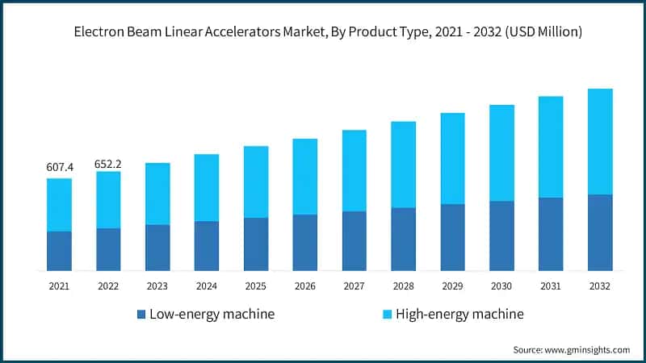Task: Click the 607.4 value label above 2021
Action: [x=60, y=167]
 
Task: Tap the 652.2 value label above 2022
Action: [x=108, y=161]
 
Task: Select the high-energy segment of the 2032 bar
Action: [x=600, y=141]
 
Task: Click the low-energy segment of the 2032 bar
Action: [x=600, y=232]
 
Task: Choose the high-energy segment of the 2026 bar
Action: [x=304, y=177]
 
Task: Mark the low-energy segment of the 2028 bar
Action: [x=403, y=239]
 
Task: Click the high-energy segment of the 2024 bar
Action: [x=207, y=188]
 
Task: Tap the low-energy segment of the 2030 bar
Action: [x=501, y=236]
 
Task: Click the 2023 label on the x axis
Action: [x=157, y=286]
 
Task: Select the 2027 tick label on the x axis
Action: [x=354, y=286]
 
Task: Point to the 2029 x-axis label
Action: [x=452, y=286]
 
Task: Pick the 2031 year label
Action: [x=551, y=286]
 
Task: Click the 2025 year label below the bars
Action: [x=256, y=286]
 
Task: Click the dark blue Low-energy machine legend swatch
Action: [x=141, y=314]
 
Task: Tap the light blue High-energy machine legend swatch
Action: [x=388, y=314]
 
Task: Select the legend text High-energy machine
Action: [x=459, y=314]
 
